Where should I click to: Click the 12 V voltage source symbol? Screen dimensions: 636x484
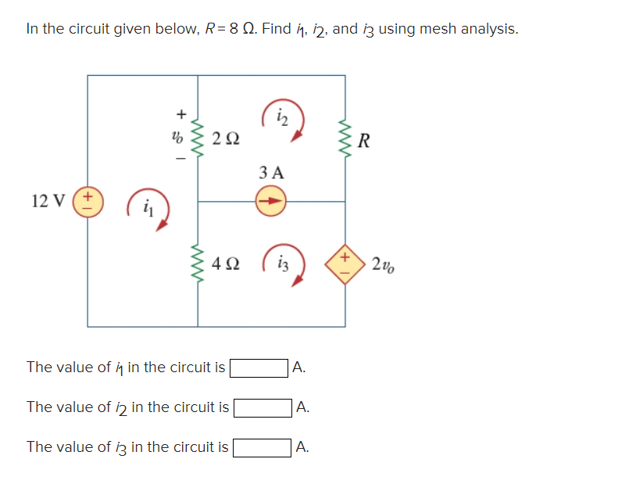[x=88, y=201]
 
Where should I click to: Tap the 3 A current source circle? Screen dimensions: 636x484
[x=271, y=201]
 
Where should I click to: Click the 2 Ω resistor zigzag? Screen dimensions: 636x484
[x=198, y=140]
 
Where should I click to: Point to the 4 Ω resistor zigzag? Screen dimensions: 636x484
[x=198, y=264]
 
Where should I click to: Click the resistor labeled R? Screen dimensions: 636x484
[x=345, y=140]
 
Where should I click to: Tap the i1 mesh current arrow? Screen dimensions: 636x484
[x=150, y=209]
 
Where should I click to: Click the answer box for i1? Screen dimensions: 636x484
[x=259, y=367]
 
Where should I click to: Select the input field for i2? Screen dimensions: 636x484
[x=263, y=407]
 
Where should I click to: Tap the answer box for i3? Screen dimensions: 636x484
[x=263, y=447]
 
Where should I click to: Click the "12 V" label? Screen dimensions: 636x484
[x=49, y=201]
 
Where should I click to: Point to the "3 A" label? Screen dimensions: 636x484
[x=271, y=172]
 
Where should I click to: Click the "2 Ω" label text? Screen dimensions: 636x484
[x=226, y=141]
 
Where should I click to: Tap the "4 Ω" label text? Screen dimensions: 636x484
[x=226, y=264]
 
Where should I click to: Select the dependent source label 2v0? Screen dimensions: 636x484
[x=383, y=264]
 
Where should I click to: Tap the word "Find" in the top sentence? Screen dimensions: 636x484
[x=277, y=29]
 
